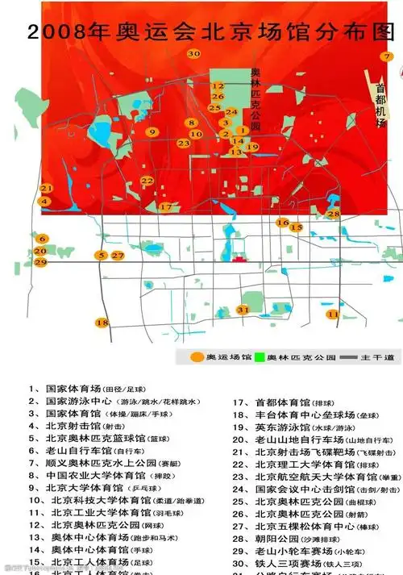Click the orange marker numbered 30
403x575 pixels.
193,54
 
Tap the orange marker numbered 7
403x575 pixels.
388,57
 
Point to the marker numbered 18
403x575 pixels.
102,323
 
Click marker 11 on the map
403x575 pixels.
332,314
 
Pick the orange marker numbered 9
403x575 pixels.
151,131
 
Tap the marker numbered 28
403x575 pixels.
333,214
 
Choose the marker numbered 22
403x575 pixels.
147,181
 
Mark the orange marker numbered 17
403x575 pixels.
166,207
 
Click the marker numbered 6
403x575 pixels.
40,239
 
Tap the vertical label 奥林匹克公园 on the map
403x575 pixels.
256,100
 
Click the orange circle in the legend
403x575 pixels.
197,356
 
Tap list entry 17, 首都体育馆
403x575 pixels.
279,401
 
